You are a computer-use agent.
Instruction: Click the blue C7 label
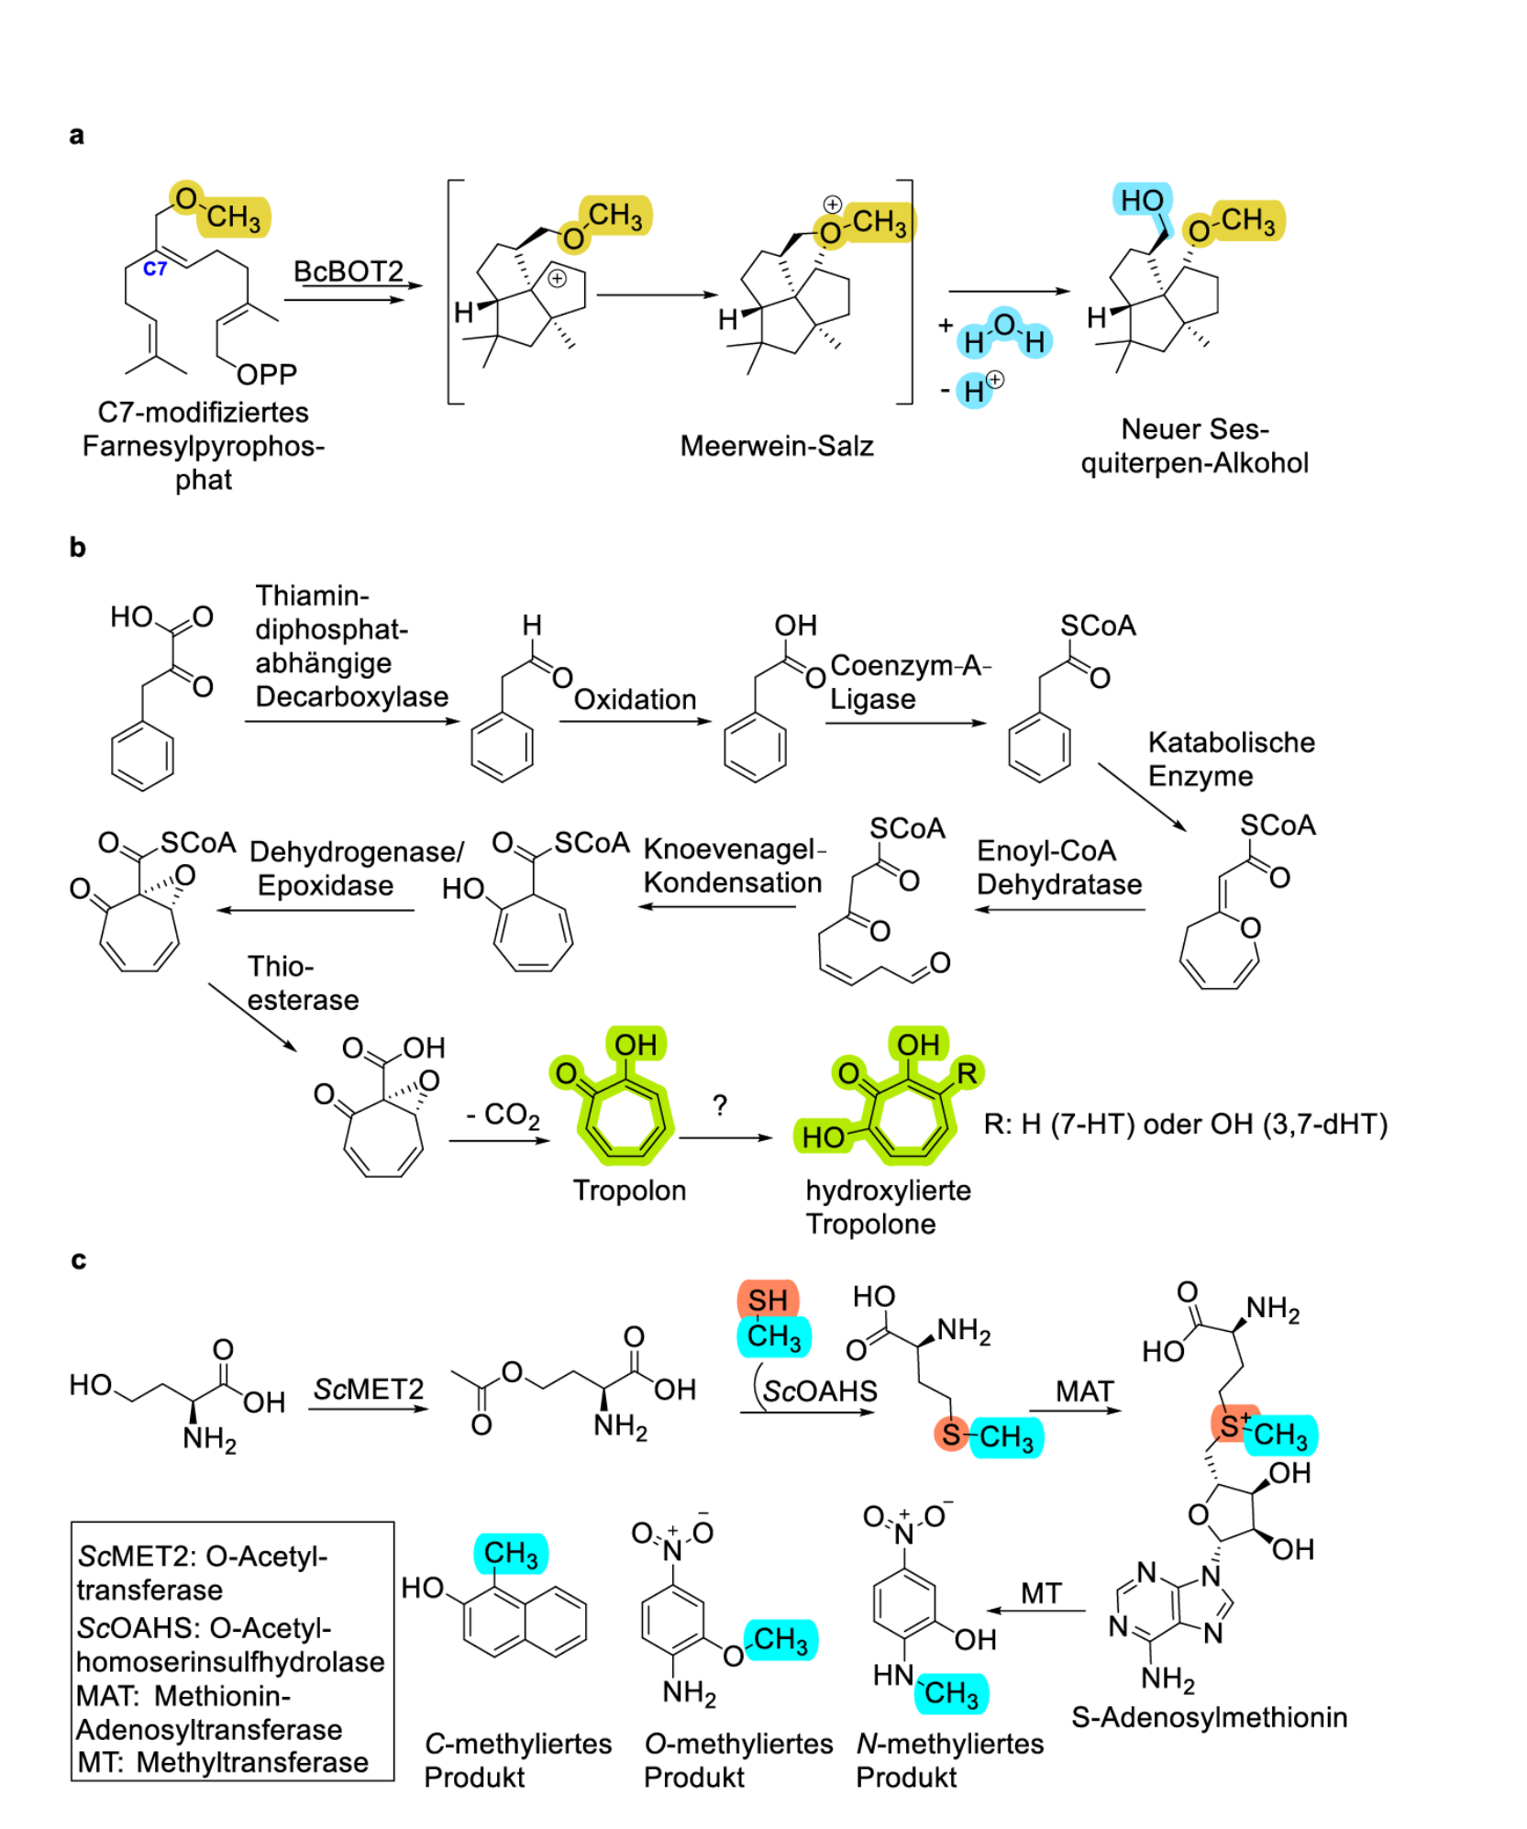point(154,268)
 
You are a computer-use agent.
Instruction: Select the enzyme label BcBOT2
point(348,271)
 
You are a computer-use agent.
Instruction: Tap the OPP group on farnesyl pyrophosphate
point(266,373)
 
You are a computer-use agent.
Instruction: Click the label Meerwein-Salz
point(776,446)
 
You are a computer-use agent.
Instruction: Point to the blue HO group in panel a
point(1141,200)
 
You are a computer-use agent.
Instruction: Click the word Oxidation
point(635,699)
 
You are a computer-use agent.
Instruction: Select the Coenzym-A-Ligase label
point(910,682)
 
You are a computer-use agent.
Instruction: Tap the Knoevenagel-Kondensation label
point(734,866)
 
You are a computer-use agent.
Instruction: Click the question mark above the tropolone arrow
point(720,1104)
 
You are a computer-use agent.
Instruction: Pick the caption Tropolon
point(629,1190)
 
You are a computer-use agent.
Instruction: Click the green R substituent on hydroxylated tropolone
point(966,1072)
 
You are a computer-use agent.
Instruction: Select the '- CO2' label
point(503,1115)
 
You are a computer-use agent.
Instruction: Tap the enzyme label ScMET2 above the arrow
point(369,1389)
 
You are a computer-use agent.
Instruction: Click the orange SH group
point(768,1300)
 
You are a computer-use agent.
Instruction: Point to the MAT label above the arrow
point(1084,1391)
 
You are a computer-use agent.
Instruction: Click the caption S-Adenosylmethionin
point(1209,1717)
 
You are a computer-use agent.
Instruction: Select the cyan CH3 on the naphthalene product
point(511,1554)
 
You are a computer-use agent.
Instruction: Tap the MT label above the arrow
point(1041,1593)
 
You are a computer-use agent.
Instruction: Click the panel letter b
point(78,547)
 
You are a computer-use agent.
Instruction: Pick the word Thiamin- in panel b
point(312,595)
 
